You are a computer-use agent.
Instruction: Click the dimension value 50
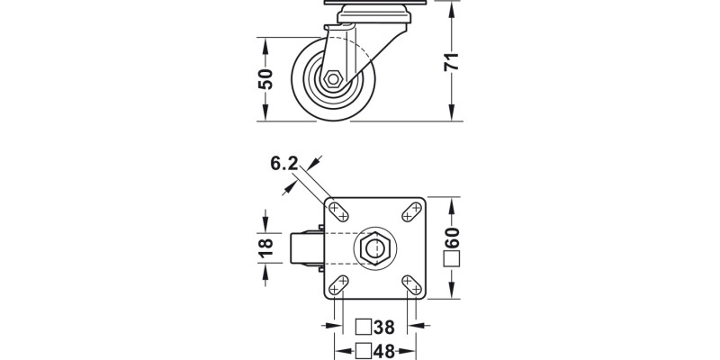[265, 78]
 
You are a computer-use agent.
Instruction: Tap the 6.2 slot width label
[283, 163]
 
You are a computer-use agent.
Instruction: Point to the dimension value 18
[265, 247]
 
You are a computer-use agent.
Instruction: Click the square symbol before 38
[364, 327]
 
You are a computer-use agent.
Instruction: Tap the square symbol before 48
[364, 350]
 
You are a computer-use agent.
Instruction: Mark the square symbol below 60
[453, 262]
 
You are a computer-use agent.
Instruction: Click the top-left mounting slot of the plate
[339, 211]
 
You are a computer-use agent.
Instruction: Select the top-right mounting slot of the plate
[411, 211]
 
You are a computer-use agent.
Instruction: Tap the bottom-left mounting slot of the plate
[339, 285]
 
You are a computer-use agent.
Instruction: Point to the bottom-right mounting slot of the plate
[411, 285]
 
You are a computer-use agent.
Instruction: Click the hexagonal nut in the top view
[374, 247]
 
